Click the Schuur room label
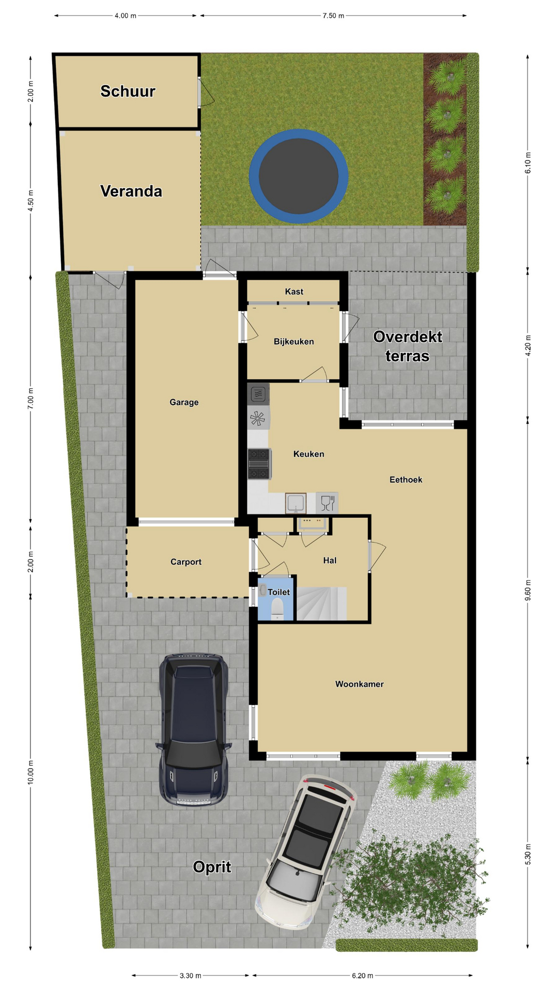click(128, 91)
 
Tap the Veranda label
click(131, 191)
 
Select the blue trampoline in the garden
click(299, 176)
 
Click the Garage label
click(184, 402)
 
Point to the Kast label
click(294, 292)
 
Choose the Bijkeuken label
click(293, 342)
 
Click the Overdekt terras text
click(408, 346)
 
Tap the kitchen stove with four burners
click(259, 463)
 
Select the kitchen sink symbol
click(296, 503)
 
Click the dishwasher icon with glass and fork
click(327, 503)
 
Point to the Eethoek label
click(406, 479)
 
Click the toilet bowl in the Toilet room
click(277, 609)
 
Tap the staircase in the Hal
click(321, 603)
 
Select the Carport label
click(186, 562)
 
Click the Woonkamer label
click(360, 684)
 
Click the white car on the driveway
click(305, 852)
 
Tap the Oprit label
click(212, 867)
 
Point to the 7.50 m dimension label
click(333, 15)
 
